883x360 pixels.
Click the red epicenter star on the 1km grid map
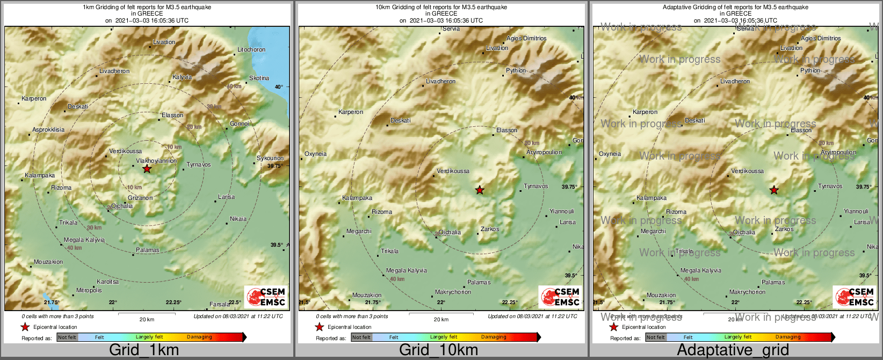click(x=147, y=169)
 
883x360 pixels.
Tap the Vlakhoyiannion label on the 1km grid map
click(x=156, y=161)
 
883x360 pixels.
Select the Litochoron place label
click(x=251, y=49)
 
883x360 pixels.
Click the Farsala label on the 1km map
click(x=220, y=304)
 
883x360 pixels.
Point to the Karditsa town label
click(x=107, y=282)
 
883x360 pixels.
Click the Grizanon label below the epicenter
click(x=140, y=198)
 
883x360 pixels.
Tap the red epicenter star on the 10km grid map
click(x=480, y=190)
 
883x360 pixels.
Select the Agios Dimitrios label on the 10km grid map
click(x=526, y=38)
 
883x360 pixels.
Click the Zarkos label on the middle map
click(x=490, y=229)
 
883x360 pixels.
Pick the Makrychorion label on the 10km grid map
click(x=453, y=292)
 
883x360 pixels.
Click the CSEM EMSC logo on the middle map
click(x=561, y=297)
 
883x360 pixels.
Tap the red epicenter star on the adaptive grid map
click(x=774, y=190)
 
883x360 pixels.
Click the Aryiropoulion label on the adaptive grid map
click(x=838, y=152)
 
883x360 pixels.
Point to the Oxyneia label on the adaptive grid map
click(x=610, y=154)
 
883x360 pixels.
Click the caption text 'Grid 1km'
click(x=144, y=350)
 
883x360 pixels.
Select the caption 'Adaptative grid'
click(x=733, y=350)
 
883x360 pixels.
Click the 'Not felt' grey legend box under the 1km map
click(x=67, y=337)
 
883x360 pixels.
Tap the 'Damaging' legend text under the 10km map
click(x=494, y=337)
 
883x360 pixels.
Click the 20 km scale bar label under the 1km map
click(x=147, y=319)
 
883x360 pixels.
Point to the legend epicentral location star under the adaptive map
click(x=613, y=327)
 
